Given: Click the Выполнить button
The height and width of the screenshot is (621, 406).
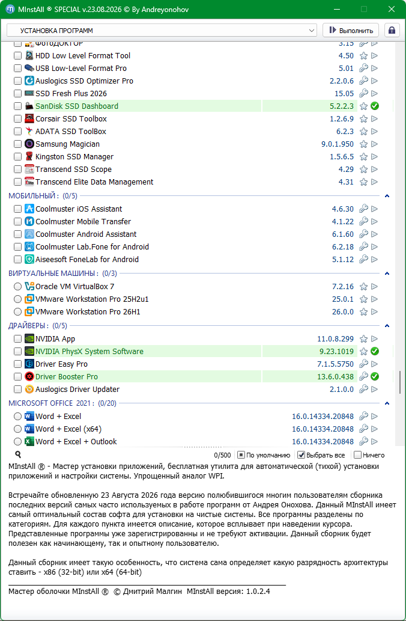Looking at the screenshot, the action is pyautogui.click(x=351, y=30).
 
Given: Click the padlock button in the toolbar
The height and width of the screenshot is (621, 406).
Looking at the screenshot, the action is pyautogui.click(x=392, y=30).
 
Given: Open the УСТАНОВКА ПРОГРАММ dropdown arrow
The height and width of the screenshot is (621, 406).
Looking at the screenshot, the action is pyautogui.click(x=312, y=31).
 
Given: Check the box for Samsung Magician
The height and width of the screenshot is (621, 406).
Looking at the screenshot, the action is pyautogui.click(x=17, y=144).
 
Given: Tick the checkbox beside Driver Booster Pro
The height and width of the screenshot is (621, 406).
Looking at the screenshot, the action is pyautogui.click(x=17, y=377).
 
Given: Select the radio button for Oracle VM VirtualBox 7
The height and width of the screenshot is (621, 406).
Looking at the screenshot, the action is pyautogui.click(x=17, y=286).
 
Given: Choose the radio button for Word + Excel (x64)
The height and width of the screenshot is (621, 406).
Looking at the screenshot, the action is pyautogui.click(x=17, y=429).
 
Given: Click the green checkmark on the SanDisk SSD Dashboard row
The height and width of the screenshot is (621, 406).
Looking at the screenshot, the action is pyautogui.click(x=374, y=106).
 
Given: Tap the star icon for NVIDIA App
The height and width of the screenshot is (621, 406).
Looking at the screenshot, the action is pyautogui.click(x=363, y=339).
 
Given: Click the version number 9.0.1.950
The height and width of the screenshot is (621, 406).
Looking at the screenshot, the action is pyautogui.click(x=338, y=144).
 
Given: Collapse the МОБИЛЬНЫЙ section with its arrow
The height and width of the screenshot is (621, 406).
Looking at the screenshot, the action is pyautogui.click(x=387, y=196).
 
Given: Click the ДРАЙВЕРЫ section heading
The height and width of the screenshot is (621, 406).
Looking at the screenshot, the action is pyautogui.click(x=28, y=326).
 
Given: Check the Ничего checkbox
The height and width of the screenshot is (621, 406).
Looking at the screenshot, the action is pyautogui.click(x=357, y=455).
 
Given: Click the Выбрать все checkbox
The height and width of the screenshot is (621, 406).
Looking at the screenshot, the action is pyautogui.click(x=301, y=455).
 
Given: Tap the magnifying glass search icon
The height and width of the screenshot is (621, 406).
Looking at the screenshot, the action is pyautogui.click(x=18, y=454).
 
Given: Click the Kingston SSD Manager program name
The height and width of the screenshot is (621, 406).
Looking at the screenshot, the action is pyautogui.click(x=74, y=157).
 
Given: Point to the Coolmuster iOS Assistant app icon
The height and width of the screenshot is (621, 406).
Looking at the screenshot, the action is pyautogui.click(x=29, y=209).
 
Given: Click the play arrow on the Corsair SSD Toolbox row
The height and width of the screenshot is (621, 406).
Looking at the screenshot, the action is pyautogui.click(x=374, y=119).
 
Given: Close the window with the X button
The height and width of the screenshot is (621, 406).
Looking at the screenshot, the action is pyautogui.click(x=392, y=9).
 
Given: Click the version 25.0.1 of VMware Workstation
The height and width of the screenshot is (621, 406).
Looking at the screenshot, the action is pyautogui.click(x=343, y=299).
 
